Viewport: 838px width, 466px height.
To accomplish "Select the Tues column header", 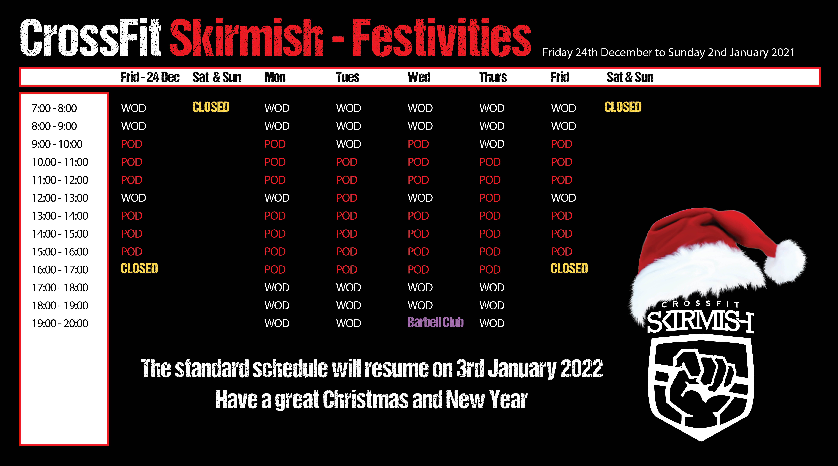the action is tap(347, 77).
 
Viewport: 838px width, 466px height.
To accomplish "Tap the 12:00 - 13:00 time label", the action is tap(60, 198).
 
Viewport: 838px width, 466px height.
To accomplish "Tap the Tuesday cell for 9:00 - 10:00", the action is tap(348, 144).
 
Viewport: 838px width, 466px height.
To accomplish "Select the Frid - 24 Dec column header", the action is tap(150, 77).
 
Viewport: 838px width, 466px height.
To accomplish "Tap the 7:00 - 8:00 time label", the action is tap(54, 108).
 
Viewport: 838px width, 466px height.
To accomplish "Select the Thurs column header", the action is tap(493, 77).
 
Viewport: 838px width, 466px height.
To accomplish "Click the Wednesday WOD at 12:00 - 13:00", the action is tap(420, 198).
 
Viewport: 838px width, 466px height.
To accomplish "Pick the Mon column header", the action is tap(275, 77).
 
